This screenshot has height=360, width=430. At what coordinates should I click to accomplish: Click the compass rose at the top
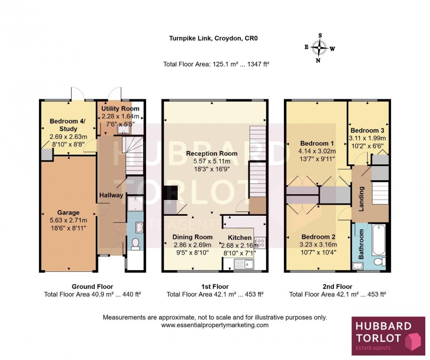(320, 47)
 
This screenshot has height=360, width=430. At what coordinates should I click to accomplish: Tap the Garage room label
(69, 213)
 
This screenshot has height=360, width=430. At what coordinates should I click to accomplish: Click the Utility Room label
(120, 109)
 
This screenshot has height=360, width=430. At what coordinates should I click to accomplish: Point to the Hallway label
(111, 195)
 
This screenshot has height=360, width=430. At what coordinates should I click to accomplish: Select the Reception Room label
(211, 153)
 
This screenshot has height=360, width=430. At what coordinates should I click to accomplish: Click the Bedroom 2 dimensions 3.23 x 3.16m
(318, 245)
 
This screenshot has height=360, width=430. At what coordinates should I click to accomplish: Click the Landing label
(362, 199)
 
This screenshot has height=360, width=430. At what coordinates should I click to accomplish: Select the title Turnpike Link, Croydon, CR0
(213, 38)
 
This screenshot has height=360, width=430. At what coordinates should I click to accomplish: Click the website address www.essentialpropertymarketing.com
(215, 325)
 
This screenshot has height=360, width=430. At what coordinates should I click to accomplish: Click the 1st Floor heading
(215, 287)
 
